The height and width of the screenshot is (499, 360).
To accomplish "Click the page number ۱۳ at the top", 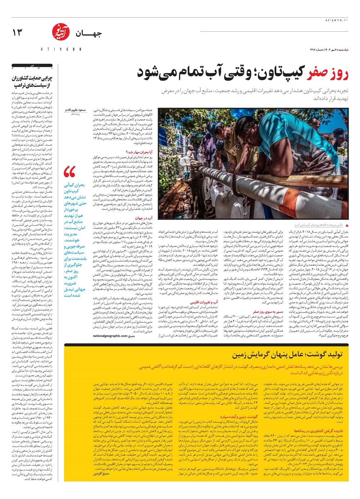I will (x=17, y=33).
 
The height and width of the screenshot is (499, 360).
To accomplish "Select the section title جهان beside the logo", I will (x=88, y=34).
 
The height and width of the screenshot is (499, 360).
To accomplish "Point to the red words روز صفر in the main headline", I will (x=328, y=74).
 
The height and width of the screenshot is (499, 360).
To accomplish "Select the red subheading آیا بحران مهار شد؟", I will (x=139, y=152).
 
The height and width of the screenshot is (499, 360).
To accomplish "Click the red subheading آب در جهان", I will (x=144, y=218).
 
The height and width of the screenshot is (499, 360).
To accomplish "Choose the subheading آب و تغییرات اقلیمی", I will (x=204, y=302).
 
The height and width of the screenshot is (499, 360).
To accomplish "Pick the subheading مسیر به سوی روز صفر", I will (x=268, y=312).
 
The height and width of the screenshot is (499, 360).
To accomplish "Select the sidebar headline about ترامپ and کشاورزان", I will (x=32, y=82).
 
